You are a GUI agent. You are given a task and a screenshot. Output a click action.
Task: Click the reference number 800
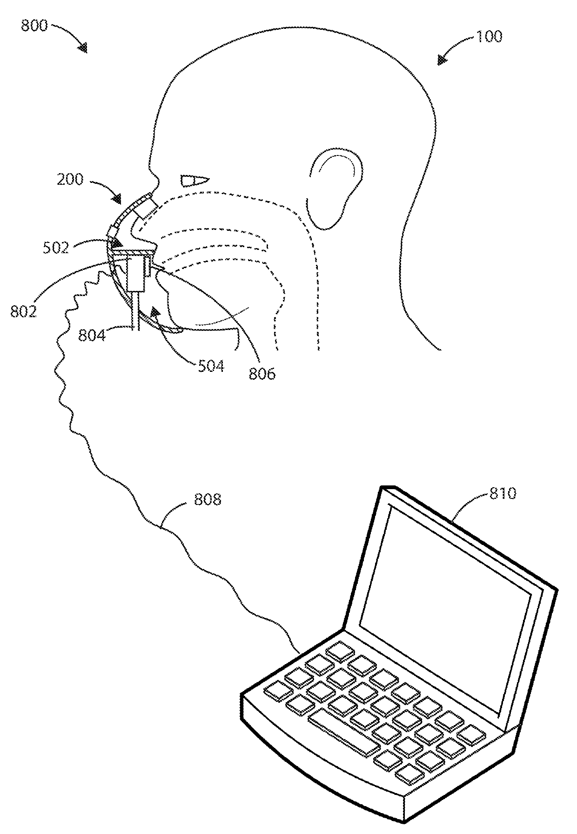pos(34,26)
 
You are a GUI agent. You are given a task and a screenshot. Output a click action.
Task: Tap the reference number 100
pos(488,37)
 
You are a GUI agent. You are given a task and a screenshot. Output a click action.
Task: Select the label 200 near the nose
pos(70,179)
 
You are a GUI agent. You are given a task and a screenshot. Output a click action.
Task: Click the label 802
pos(23,311)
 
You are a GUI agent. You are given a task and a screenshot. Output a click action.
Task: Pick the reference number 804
pos(91,335)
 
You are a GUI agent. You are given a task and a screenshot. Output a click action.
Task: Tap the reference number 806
pos(262,373)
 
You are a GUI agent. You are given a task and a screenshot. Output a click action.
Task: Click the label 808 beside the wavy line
pos(208,500)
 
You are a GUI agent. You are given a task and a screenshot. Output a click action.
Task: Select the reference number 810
pos(503,493)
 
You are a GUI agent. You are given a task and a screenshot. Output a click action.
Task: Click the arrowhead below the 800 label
pos(83,48)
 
